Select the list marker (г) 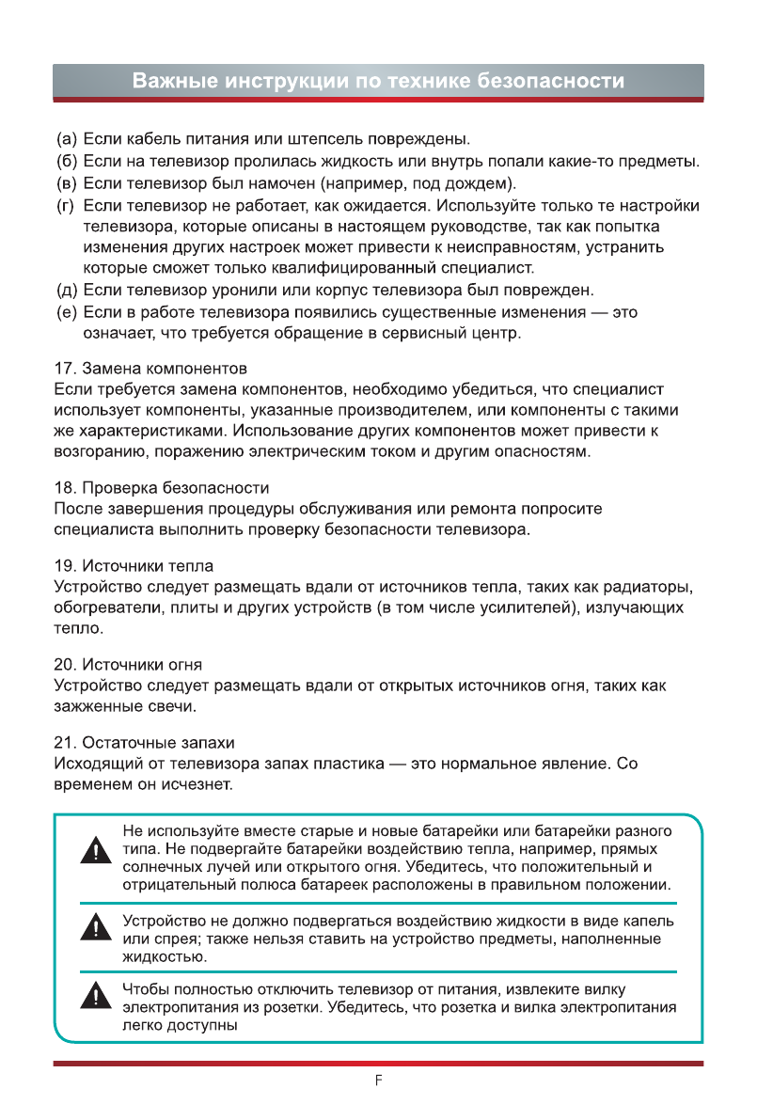(67, 206)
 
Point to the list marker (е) (67, 312)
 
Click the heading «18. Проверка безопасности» (162, 488)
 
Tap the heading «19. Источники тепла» (134, 566)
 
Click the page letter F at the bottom (378, 1081)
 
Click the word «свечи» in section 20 (173, 705)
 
